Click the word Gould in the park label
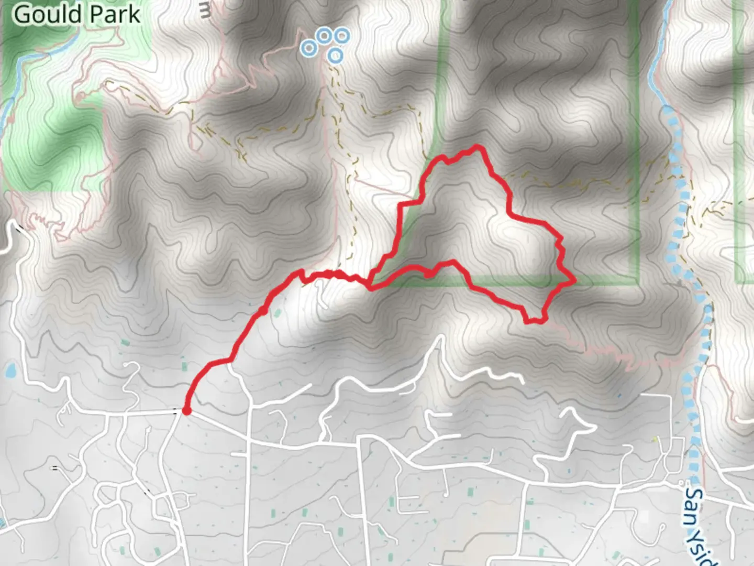[x=45, y=14]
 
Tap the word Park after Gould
[x=117, y=14]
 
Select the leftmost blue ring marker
[x=309, y=49]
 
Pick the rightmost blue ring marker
[x=342, y=37]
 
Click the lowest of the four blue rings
[x=336, y=55]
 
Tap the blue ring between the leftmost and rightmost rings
[x=325, y=36]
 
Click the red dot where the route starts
[x=186, y=411]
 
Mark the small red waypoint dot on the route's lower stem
[x=262, y=312]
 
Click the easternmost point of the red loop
[x=574, y=281]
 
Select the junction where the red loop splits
[x=370, y=287]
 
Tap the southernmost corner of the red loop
[x=529, y=321]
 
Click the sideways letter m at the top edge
[x=205, y=12]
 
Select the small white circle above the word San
[x=681, y=483]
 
